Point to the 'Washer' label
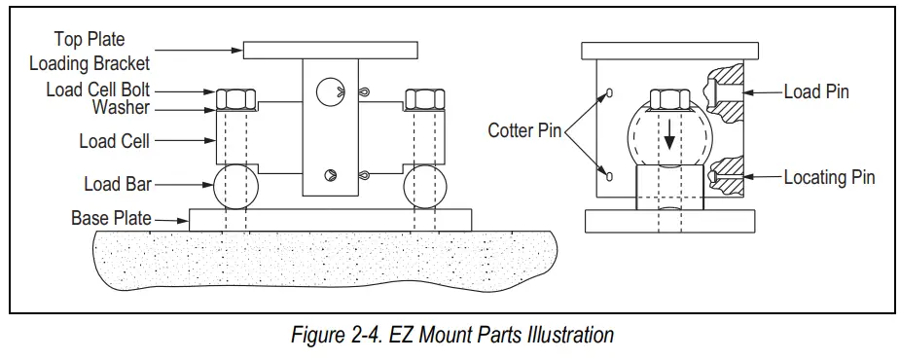click(x=122, y=107)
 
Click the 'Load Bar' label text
click(x=116, y=182)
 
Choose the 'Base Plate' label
click(x=111, y=218)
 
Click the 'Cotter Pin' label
click(x=525, y=130)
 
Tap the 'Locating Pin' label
click(x=830, y=177)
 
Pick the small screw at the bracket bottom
click(x=329, y=176)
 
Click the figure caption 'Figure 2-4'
click(x=452, y=336)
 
